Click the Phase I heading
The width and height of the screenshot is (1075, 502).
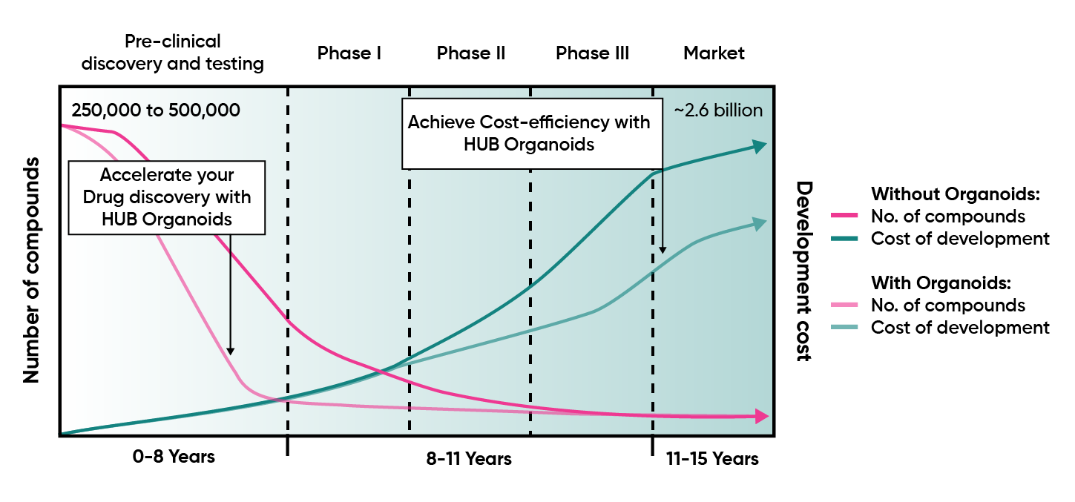point(349,53)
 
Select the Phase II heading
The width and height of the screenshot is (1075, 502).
point(471,53)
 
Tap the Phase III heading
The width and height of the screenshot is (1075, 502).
point(592,53)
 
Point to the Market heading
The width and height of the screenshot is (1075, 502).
point(714,53)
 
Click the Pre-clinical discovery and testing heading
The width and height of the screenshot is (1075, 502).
point(172,53)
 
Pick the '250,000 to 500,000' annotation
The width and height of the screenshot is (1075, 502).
point(156,110)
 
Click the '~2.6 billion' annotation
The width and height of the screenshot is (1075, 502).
point(717,110)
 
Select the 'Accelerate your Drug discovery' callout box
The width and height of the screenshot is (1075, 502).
point(166,197)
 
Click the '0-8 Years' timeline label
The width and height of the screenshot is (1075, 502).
point(174,457)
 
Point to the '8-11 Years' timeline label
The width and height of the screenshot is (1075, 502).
point(469,459)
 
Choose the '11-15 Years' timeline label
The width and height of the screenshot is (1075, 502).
point(712,459)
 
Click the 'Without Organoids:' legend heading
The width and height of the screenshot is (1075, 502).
point(957,194)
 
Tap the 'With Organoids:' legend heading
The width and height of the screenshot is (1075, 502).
point(941,283)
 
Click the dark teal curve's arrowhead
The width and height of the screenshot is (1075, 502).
point(760,146)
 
